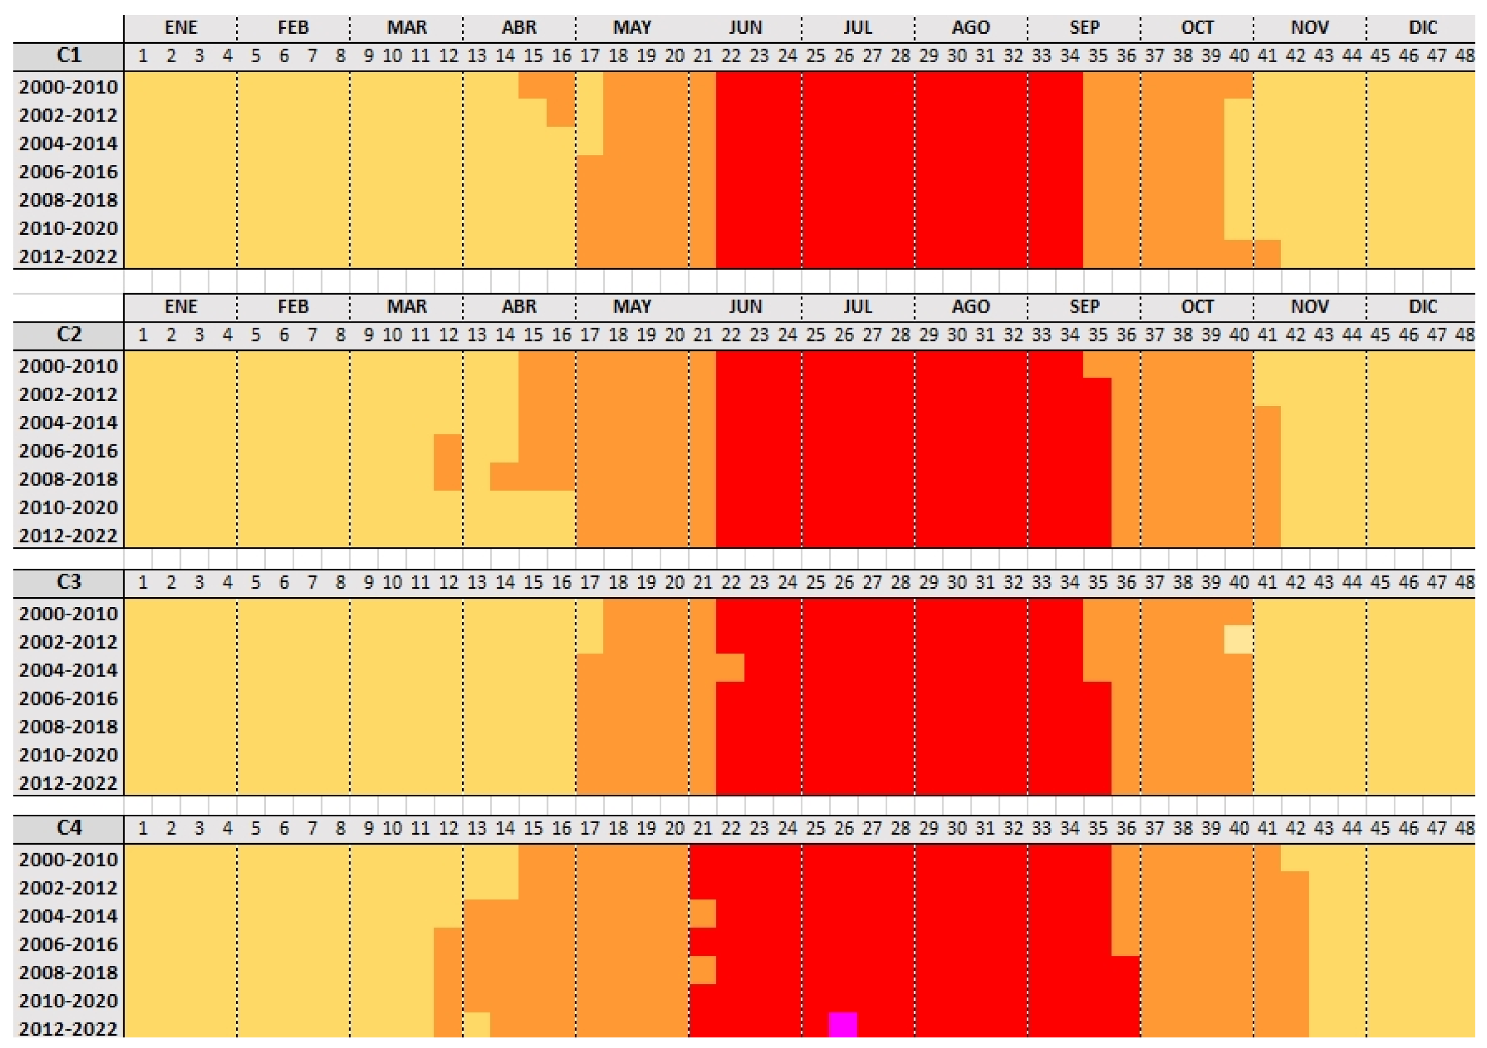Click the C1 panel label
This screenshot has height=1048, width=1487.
coord(69,55)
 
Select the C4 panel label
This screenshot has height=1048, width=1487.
coord(69,828)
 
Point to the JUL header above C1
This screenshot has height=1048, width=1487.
coord(857,28)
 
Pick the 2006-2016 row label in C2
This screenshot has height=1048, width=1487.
coord(69,451)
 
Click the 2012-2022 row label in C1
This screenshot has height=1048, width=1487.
coord(69,257)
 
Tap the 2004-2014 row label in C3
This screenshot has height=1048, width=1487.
coord(69,670)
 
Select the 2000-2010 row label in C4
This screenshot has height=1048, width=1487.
coord(69,860)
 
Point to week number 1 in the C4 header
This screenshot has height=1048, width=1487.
coord(143,829)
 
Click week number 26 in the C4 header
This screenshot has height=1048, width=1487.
coord(843,829)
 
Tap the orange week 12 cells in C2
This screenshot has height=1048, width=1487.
coord(448,463)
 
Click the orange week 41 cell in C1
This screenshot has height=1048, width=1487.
coord(1266,254)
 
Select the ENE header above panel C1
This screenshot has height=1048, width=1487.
coord(180,28)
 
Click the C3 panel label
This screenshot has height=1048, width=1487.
coord(69,581)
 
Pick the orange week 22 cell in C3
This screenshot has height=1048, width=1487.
coord(730,668)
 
